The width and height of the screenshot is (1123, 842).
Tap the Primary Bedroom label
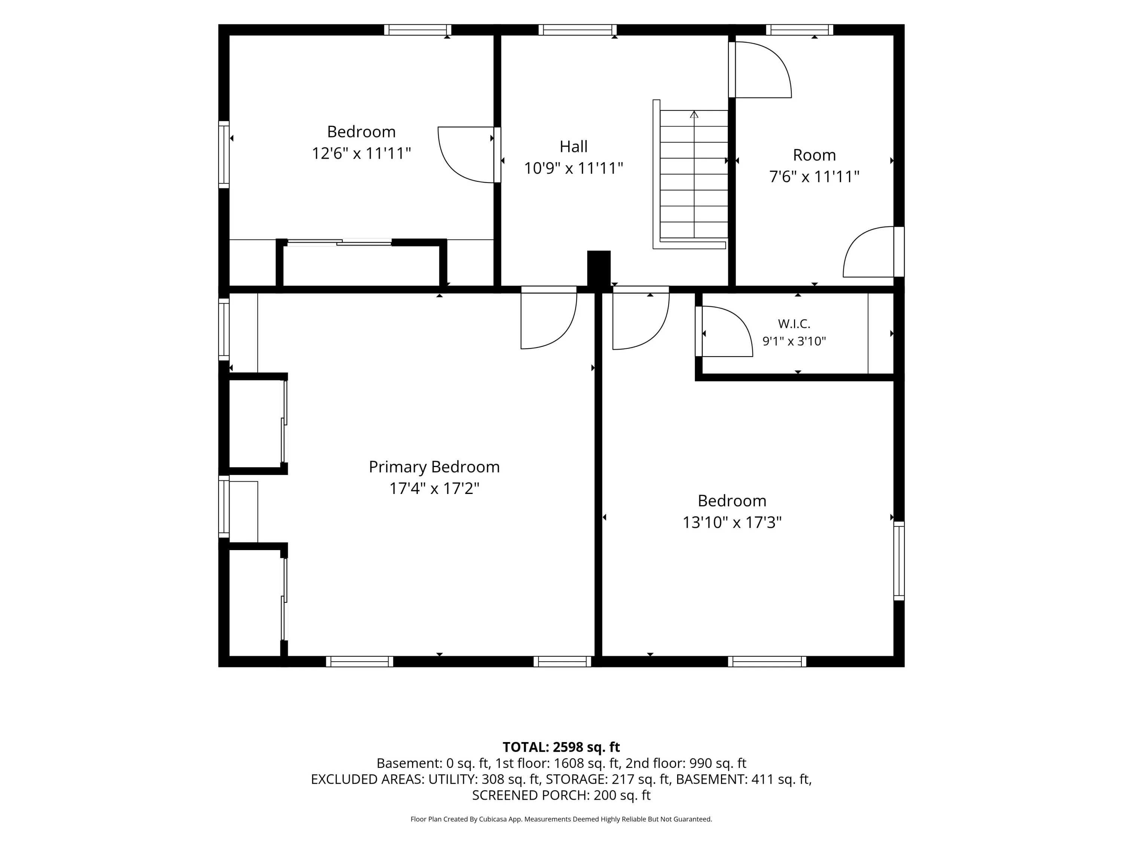point(434,467)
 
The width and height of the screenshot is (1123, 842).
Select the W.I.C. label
point(794,323)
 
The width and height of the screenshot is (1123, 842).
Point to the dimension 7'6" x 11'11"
point(814,177)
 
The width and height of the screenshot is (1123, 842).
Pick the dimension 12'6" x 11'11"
point(361,153)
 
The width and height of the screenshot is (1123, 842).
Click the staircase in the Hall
point(690,174)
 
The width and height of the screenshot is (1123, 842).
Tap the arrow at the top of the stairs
point(694,114)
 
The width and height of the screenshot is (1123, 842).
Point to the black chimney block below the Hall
point(599,269)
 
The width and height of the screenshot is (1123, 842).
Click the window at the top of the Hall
point(577,30)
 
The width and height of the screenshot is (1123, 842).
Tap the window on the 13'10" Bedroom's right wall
point(899,561)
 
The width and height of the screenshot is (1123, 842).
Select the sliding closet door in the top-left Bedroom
point(339,242)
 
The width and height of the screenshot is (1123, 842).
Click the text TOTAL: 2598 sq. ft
point(561,747)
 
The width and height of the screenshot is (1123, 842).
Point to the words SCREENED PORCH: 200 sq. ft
point(561,795)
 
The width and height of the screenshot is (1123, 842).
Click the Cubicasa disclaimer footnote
point(561,819)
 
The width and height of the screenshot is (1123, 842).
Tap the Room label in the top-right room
point(814,155)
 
